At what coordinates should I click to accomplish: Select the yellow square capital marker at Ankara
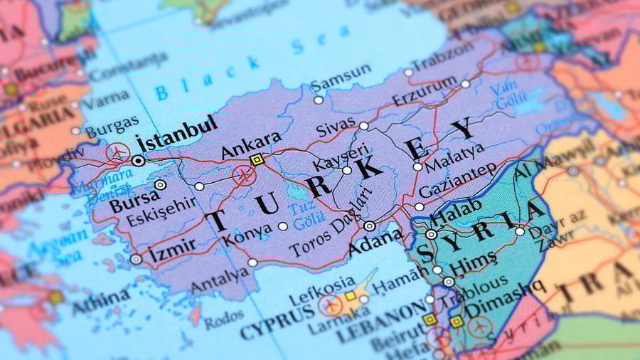point(257,160)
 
